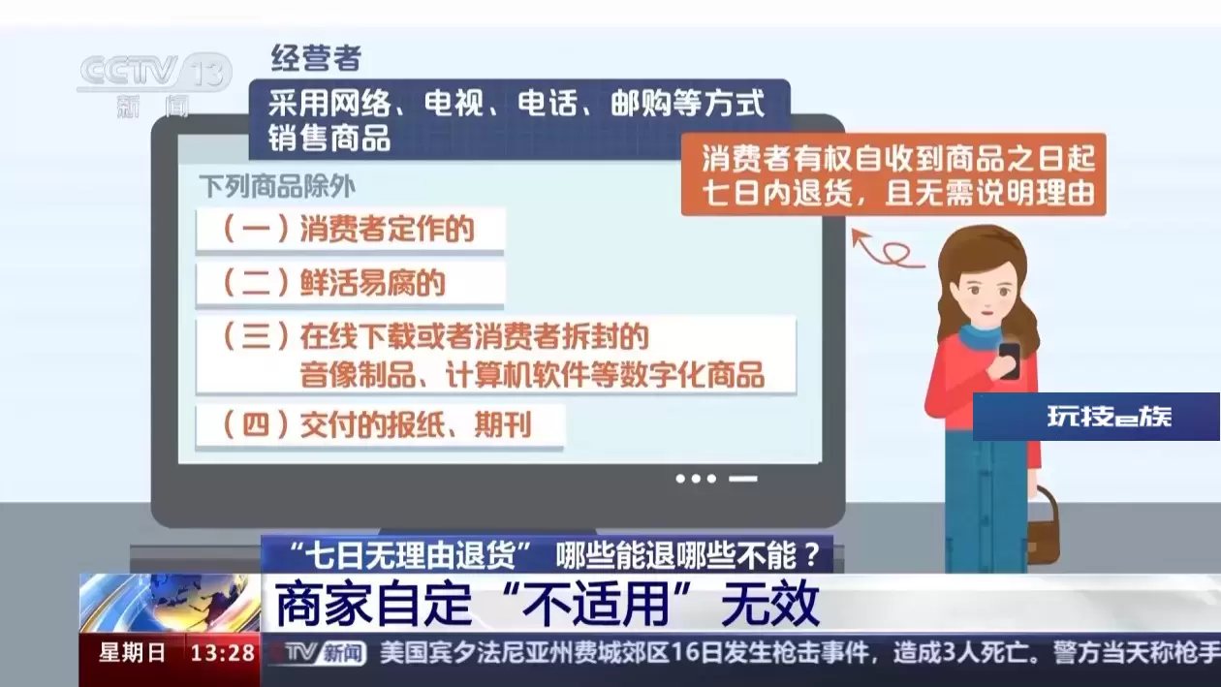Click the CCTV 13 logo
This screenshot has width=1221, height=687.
pos(155,85)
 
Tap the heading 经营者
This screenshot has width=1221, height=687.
pos(316,58)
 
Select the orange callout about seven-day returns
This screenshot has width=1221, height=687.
pos(893,174)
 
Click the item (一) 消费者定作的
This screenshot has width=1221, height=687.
pos(350,229)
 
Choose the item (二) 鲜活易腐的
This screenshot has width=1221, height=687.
pos(350,284)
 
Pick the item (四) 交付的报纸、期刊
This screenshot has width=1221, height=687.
pos(380,425)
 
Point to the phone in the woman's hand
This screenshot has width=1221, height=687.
pos(1009,359)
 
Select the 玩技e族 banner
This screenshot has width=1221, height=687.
pos(1096,417)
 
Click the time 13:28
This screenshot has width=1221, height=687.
pos(223,653)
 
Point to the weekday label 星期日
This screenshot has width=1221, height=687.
pos(132,653)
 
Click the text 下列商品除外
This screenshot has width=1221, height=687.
pos(277,187)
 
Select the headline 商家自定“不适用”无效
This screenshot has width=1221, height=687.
pos(548,604)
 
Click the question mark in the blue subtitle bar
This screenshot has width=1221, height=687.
pos(812,555)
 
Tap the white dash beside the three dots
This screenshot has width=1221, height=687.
pos(743,480)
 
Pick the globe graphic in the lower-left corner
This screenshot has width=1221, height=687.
pos(169,603)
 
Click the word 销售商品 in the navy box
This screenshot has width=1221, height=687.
pos(329,138)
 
